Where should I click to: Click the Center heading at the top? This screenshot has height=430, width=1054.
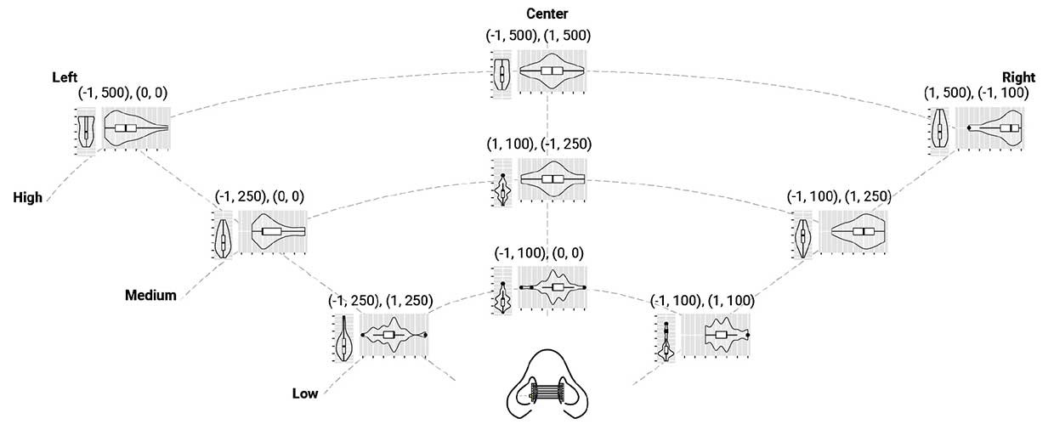click(x=547, y=14)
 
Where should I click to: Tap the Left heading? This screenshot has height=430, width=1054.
click(x=65, y=76)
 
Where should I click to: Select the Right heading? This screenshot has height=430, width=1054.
click(x=1018, y=76)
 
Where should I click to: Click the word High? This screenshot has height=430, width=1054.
click(x=28, y=197)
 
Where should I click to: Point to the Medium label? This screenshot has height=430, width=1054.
click(x=150, y=296)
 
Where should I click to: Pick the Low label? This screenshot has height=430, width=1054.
click(x=304, y=393)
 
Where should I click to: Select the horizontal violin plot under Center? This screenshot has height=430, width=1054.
click(x=552, y=71)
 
